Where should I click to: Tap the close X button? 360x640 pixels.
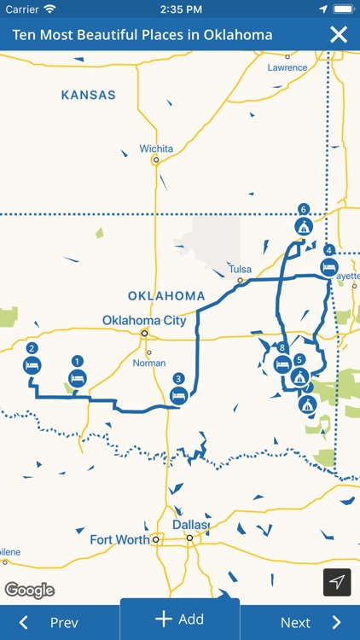point(339,35)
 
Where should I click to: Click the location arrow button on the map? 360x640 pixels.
point(337,582)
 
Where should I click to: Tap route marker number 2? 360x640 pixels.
point(32,364)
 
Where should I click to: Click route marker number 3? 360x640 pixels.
point(178,394)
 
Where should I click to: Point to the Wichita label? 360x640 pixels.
point(156,148)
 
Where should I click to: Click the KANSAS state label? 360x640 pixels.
point(88,95)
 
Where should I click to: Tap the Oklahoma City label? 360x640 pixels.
point(144,321)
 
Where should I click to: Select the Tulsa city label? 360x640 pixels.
point(240,270)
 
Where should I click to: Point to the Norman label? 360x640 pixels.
point(148,363)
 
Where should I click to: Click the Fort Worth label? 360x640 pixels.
point(119,539)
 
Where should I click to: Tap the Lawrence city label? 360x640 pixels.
point(286,67)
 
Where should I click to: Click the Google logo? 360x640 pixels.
point(29,590)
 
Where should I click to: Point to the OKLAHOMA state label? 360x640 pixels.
point(166,296)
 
